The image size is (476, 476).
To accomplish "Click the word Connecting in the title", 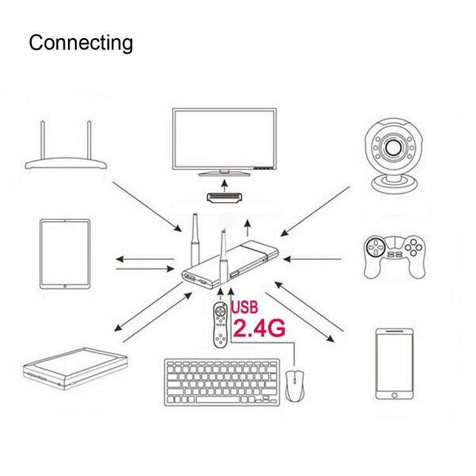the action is pos(81,43).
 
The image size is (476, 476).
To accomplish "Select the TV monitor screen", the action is pos(224,139).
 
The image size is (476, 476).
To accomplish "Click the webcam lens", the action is pos(394,147).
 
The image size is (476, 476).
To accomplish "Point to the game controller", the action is pos(395,256).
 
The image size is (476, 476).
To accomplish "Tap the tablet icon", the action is pos(65,254).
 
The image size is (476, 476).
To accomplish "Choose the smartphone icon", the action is pos(394,364).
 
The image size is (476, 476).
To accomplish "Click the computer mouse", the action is pos(294,386).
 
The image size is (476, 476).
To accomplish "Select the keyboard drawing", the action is pos(222,382).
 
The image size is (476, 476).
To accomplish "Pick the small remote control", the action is pos(220,326).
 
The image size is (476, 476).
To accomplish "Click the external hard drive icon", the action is pos(75,368).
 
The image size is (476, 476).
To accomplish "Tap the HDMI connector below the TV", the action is pos(224,197).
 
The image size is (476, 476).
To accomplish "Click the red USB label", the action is pos(244,307).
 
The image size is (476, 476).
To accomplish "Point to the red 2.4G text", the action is pos(259,328).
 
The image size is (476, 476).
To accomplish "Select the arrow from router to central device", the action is pos(147,206).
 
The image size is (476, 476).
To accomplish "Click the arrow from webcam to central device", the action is pos(315,211).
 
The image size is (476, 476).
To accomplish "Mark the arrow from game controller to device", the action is pos(312,259).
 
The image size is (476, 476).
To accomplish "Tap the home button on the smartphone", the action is pos(394,395).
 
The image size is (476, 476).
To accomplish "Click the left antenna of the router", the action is pos(43,141).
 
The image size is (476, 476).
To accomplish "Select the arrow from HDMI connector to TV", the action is pos(224,185).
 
